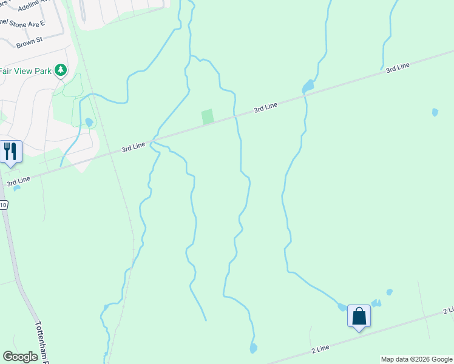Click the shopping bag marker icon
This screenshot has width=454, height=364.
pos(359,317)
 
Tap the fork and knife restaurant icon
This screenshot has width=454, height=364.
pos(10,151)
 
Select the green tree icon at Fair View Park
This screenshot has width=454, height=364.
pos(60,71)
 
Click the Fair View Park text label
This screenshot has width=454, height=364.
pos(25,70)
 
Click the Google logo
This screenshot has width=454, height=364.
pos(20,357)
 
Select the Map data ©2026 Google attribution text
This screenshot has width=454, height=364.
pos(416,359)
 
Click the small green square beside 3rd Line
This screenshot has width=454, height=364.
pos(208,116)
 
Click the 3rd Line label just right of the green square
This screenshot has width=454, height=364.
pos(265,107)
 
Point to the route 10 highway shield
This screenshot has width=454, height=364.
pos(4,206)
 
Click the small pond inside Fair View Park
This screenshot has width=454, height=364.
pos(89,122)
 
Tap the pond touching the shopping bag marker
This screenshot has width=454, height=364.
pos(342,308)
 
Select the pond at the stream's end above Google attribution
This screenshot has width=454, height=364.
pos(253,348)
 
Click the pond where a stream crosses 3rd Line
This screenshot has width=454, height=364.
pos(308,87)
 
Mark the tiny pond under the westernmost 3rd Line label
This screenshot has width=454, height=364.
pos(16,188)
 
